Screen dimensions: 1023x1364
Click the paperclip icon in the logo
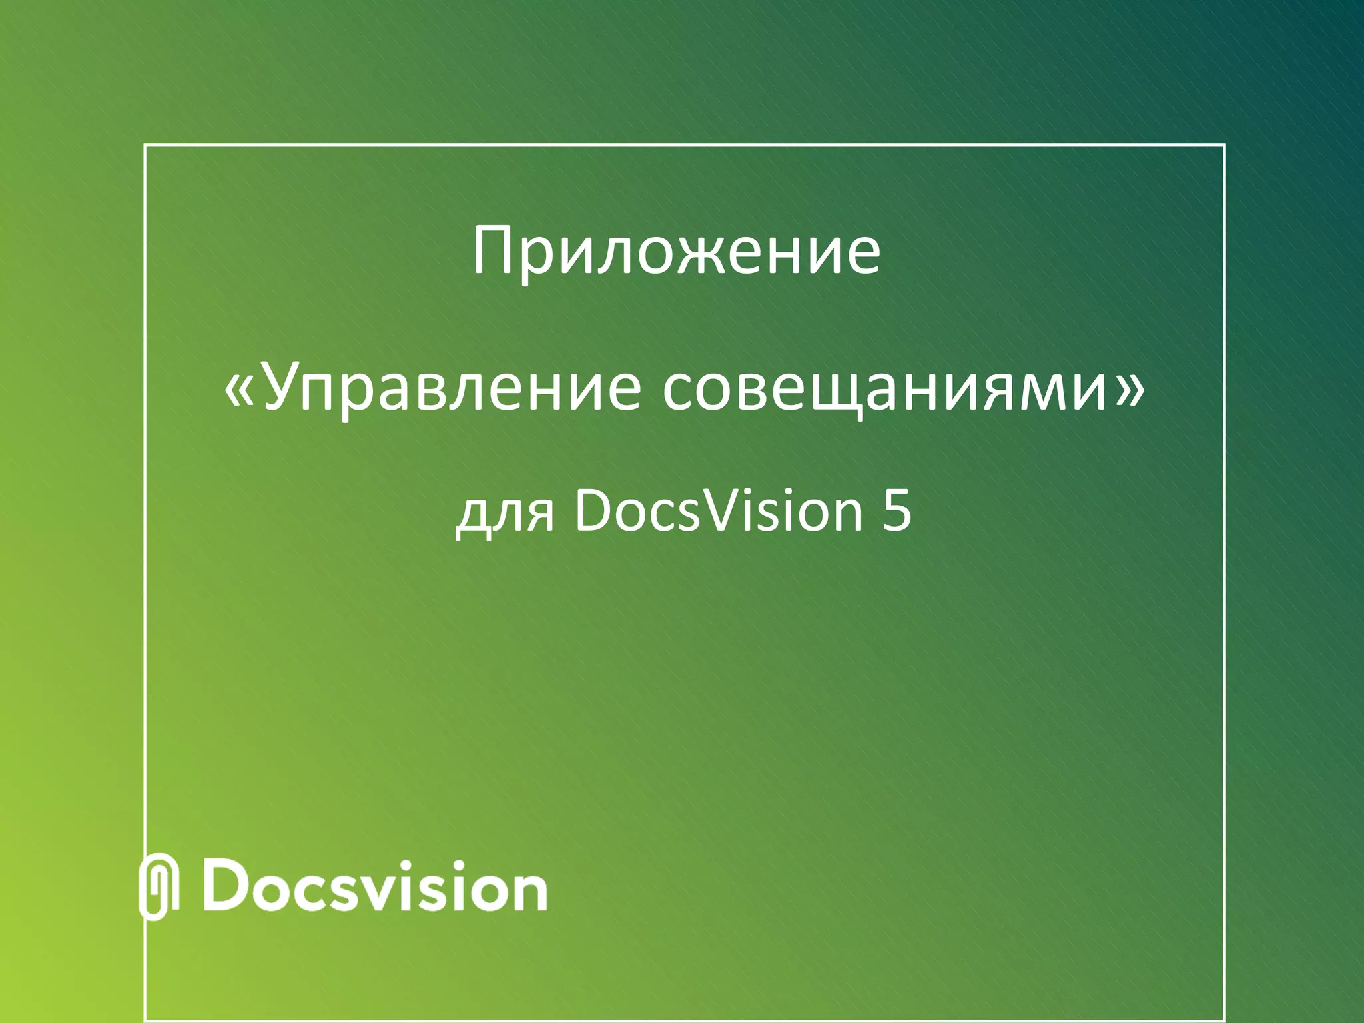(x=159, y=886)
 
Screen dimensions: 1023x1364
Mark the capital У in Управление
(x=284, y=388)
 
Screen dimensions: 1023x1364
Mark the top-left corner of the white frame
(x=145, y=145)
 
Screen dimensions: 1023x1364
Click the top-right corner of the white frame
(x=1224, y=145)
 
